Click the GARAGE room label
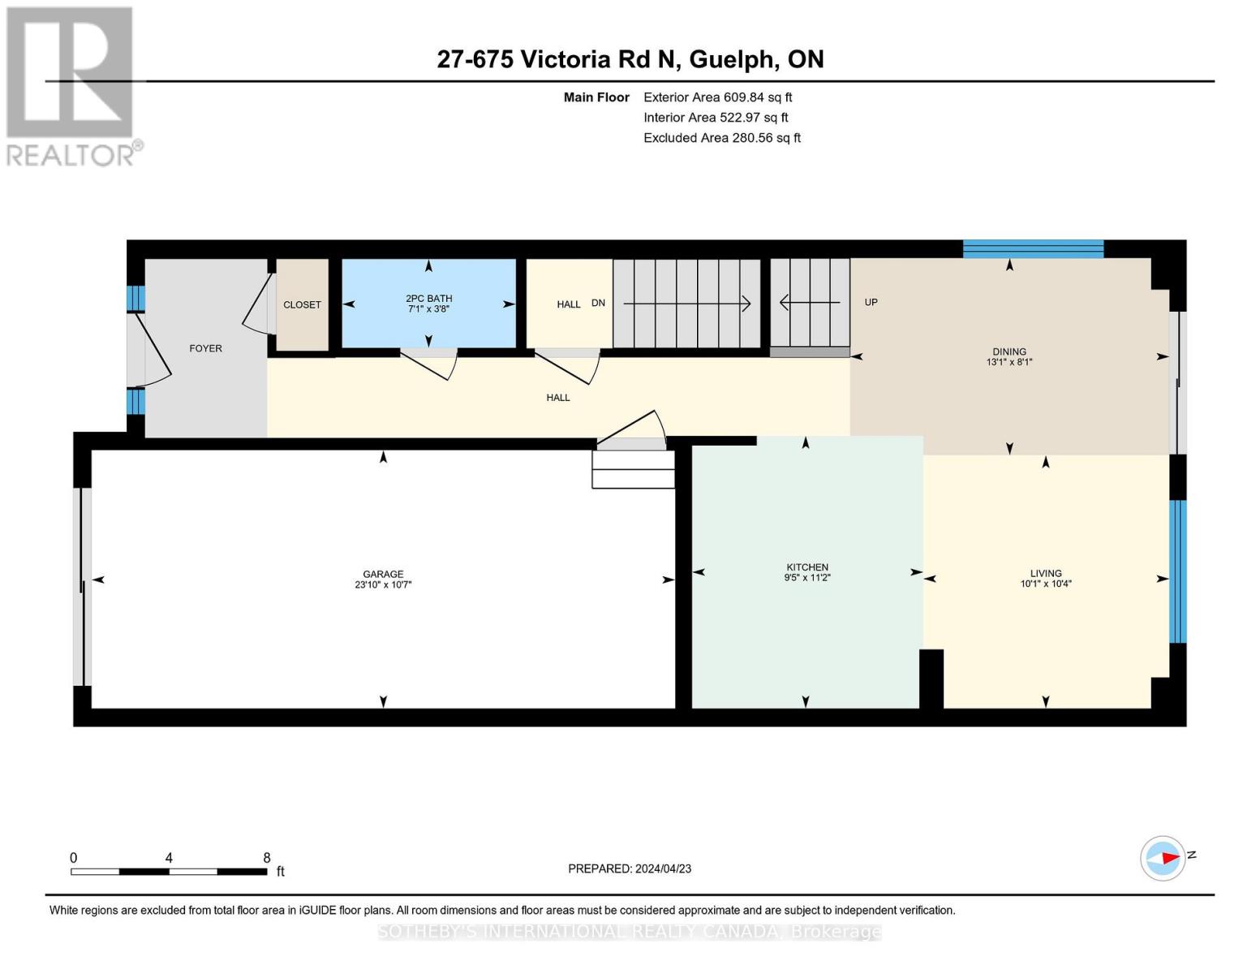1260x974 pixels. click(x=383, y=574)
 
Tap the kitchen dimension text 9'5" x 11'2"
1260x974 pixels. click(x=807, y=578)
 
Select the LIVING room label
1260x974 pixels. click(x=1046, y=573)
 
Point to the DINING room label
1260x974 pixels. click(x=1009, y=351)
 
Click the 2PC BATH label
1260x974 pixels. click(x=428, y=299)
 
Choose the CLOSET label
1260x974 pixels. click(x=302, y=304)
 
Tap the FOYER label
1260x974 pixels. click(x=205, y=348)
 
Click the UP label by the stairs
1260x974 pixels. click(x=871, y=302)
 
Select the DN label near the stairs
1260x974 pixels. click(x=598, y=303)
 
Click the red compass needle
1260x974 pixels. click(x=1170, y=857)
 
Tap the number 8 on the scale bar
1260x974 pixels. click(x=267, y=857)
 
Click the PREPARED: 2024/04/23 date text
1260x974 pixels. click(x=629, y=868)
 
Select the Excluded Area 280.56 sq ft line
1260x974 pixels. click(x=722, y=137)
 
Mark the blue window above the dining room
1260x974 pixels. click(x=1033, y=248)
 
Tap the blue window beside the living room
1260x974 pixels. click(x=1177, y=571)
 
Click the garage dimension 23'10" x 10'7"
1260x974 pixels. click(x=383, y=584)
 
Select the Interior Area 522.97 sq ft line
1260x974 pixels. click(x=716, y=117)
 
